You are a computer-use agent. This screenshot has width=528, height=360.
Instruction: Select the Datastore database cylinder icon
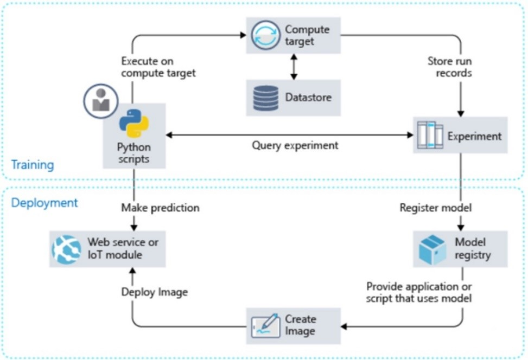pyautogui.click(x=265, y=98)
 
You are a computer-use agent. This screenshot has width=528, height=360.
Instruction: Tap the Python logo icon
pyautogui.click(x=133, y=123)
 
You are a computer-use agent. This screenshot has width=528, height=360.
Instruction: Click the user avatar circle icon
pyautogui.click(x=101, y=101)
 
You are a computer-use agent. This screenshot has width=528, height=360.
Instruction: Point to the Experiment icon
pyautogui.click(x=429, y=136)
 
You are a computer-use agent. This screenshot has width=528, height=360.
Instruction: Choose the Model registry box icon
pyautogui.click(x=432, y=249)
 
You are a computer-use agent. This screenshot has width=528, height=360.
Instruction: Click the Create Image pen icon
pyautogui.click(x=265, y=325)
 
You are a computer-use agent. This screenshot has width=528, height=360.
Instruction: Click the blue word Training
pyautogui.click(x=33, y=164)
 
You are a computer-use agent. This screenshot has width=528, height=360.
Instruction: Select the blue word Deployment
pyautogui.click(x=44, y=203)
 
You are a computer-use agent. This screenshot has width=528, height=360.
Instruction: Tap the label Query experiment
pyautogui.click(x=295, y=145)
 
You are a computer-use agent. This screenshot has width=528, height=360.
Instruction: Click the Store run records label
pyautogui.click(x=450, y=67)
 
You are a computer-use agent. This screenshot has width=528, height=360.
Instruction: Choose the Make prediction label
pyautogui.click(x=160, y=208)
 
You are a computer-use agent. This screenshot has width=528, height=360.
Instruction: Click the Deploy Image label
pyautogui.click(x=154, y=292)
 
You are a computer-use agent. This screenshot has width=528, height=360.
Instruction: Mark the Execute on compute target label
pyautogui.click(x=158, y=67)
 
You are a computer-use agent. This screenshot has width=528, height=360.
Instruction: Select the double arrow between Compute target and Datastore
pyautogui.click(x=294, y=67)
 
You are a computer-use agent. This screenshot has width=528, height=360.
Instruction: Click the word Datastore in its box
pyautogui.click(x=308, y=98)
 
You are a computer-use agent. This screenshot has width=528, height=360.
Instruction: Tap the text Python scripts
pyautogui.click(x=134, y=153)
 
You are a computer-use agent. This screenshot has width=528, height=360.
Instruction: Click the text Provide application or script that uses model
pyautogui.click(x=419, y=292)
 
